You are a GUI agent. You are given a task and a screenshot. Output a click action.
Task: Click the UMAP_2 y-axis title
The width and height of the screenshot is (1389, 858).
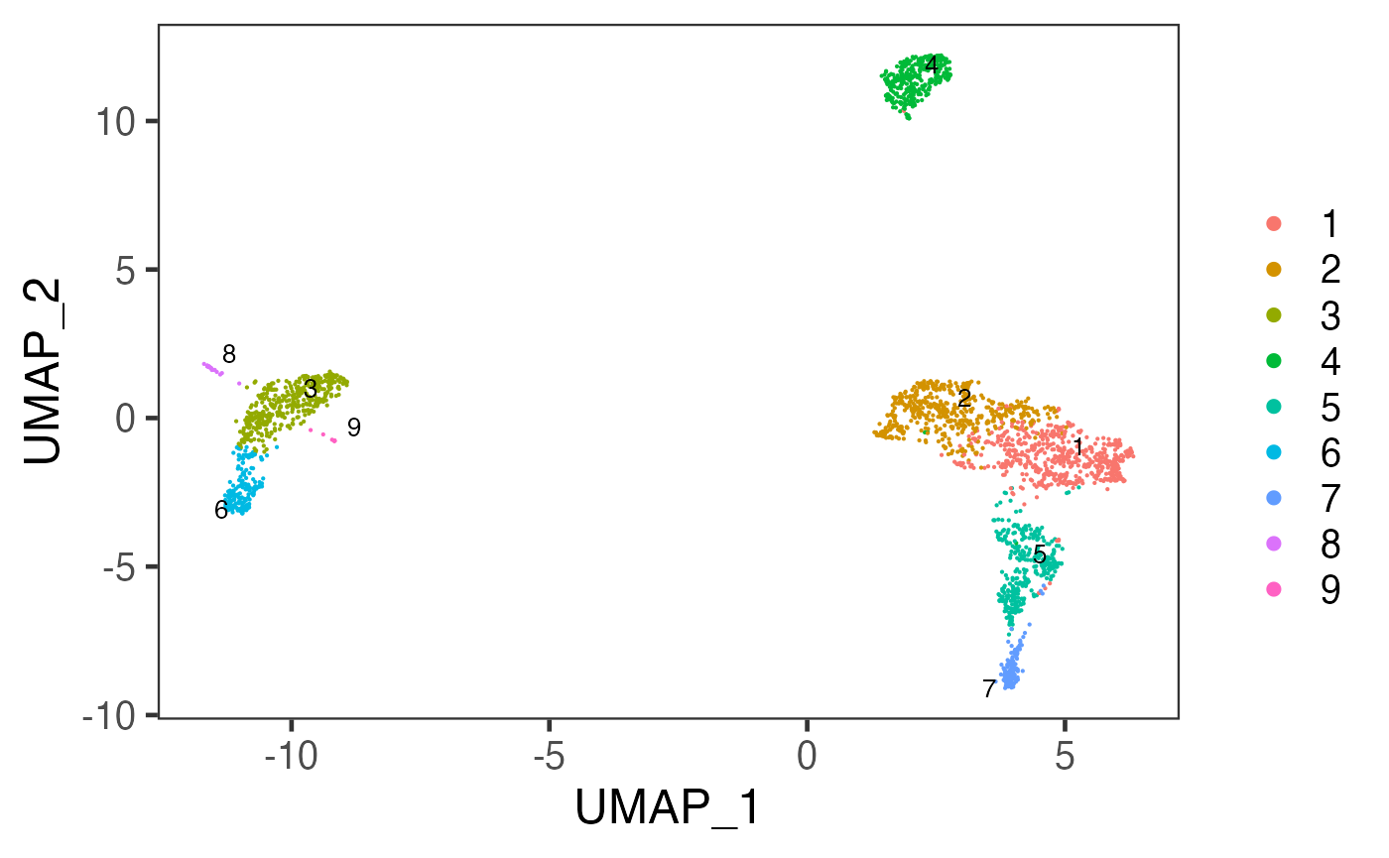pos(47,370)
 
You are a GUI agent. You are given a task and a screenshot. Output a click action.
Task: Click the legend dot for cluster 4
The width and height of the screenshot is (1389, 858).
pos(1274,361)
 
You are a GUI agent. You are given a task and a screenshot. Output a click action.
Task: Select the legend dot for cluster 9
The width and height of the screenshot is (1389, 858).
pos(1274,589)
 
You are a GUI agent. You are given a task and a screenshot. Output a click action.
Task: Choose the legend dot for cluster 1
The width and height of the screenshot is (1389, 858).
pos(1274,224)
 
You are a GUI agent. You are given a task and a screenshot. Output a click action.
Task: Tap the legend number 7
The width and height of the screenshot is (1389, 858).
pos(1329,498)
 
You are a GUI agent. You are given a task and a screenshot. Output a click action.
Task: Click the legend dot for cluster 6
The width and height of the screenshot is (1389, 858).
pos(1274,452)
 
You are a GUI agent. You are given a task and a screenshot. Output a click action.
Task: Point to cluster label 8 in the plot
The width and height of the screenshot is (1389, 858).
pos(229,354)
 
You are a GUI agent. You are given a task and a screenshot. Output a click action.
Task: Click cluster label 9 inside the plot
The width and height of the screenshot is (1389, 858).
pos(353,428)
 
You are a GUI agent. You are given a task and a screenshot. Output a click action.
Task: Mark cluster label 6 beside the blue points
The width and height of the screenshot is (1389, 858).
pos(221,510)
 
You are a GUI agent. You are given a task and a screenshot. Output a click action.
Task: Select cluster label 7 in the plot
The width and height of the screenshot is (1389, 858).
pos(989,688)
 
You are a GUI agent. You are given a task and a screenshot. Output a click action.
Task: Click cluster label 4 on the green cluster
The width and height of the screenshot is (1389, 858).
pos(931,66)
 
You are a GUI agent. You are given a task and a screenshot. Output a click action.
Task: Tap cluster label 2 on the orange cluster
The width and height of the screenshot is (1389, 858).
pos(964,398)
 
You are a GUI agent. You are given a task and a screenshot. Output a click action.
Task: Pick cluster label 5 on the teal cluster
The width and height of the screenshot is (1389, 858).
pos(1039,554)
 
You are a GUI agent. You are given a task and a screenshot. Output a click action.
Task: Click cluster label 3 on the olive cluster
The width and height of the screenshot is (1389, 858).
pos(311,390)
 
